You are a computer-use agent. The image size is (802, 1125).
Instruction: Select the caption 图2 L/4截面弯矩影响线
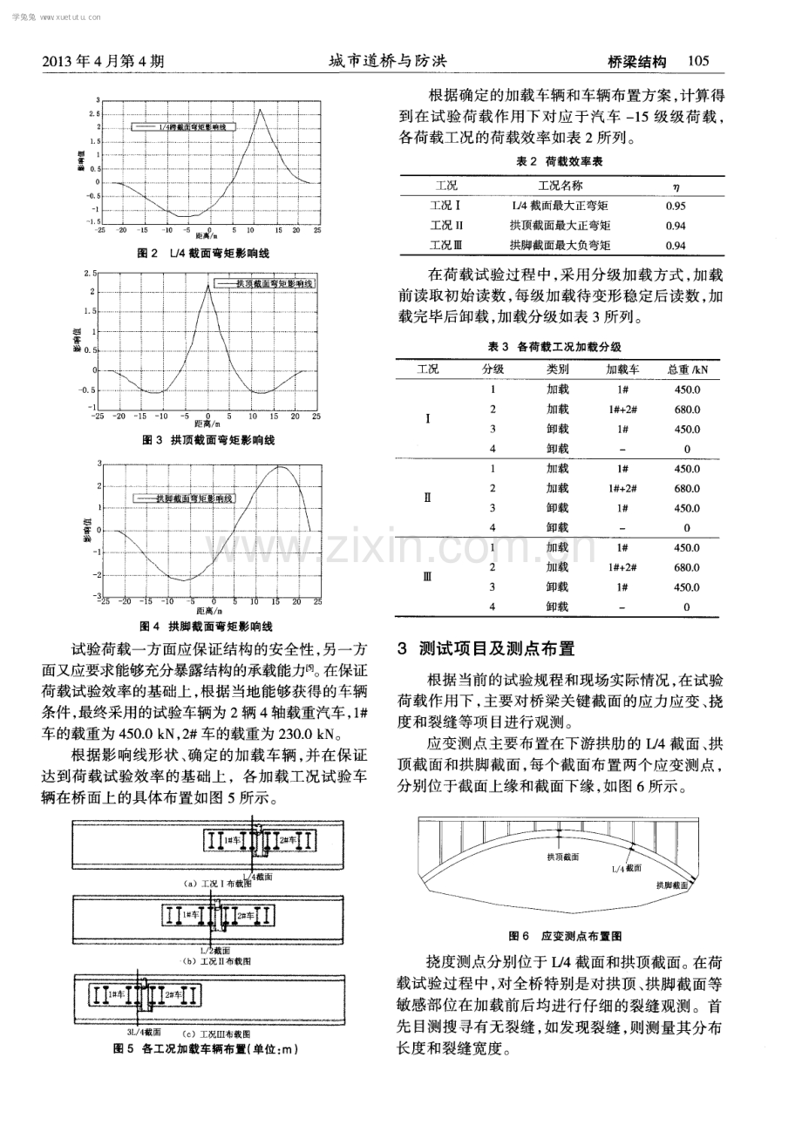click(205, 254)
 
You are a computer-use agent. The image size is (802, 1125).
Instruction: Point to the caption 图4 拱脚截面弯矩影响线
click(207, 627)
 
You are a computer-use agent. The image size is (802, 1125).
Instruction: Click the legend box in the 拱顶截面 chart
click(267, 283)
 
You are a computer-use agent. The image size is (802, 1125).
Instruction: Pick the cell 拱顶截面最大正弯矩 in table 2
click(560, 226)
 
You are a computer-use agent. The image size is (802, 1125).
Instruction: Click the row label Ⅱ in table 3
click(427, 498)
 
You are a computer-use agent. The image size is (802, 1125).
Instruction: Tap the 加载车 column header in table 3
click(622, 369)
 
